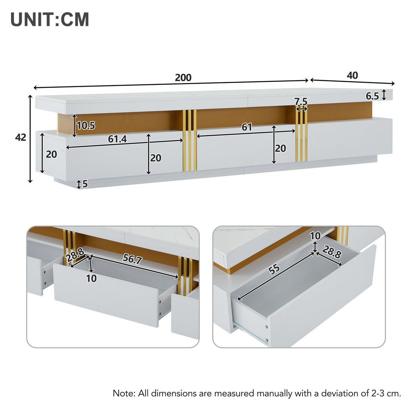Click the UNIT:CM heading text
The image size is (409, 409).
tap(50, 20)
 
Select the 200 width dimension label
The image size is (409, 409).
tap(183, 78)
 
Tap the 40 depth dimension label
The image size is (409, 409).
tap(352, 75)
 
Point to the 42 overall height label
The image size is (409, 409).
tap(20, 137)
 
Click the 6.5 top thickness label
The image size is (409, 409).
tap(372, 96)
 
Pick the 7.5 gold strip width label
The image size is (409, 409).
tap(301, 101)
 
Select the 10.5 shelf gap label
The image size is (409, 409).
tap(86, 126)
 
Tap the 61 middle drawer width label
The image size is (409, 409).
tap(247, 127)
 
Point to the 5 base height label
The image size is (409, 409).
tap(85, 184)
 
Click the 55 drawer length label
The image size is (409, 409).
tap(274, 269)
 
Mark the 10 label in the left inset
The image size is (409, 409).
tap(91, 278)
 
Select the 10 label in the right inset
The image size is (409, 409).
tap(315, 236)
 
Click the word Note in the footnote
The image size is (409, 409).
tap(124, 393)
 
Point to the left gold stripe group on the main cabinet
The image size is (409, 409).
tap(190, 140)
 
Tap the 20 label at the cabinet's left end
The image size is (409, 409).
tap(51, 155)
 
